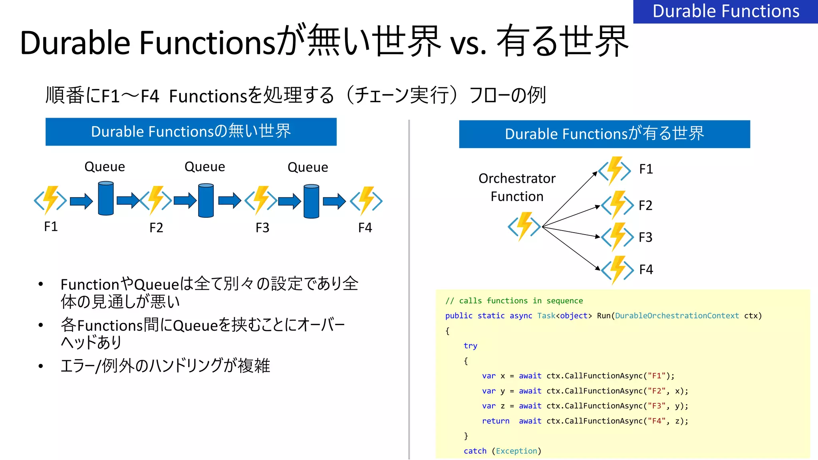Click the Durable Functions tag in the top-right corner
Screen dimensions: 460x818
(725, 11)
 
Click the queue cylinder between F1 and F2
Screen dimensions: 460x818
(106, 198)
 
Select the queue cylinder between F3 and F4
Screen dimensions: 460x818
(311, 201)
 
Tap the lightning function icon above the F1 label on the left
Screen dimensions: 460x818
(50, 200)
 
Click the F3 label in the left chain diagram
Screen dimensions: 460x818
(262, 228)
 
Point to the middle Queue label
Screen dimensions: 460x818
(204, 167)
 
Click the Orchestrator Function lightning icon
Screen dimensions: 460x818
(524, 226)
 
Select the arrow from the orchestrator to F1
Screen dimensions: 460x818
(570, 199)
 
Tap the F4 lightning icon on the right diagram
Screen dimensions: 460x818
(617, 270)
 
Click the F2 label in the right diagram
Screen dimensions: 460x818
(645, 205)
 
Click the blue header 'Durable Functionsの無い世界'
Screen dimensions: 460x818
(191, 132)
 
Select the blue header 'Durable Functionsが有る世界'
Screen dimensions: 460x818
(604, 134)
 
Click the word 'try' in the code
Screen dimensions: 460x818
(470, 346)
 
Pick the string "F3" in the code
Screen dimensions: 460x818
(656, 406)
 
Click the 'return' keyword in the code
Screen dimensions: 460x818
(495, 421)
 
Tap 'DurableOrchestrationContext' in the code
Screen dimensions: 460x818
(677, 316)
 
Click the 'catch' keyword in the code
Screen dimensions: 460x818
(475, 451)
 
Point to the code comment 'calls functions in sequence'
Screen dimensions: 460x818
(520, 301)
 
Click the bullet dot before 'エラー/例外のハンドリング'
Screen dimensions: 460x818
(41, 366)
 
